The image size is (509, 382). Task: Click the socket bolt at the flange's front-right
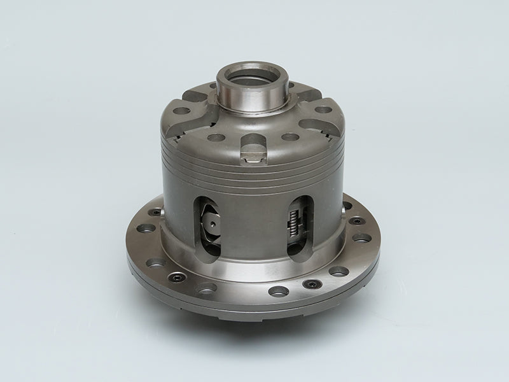point(311,285)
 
